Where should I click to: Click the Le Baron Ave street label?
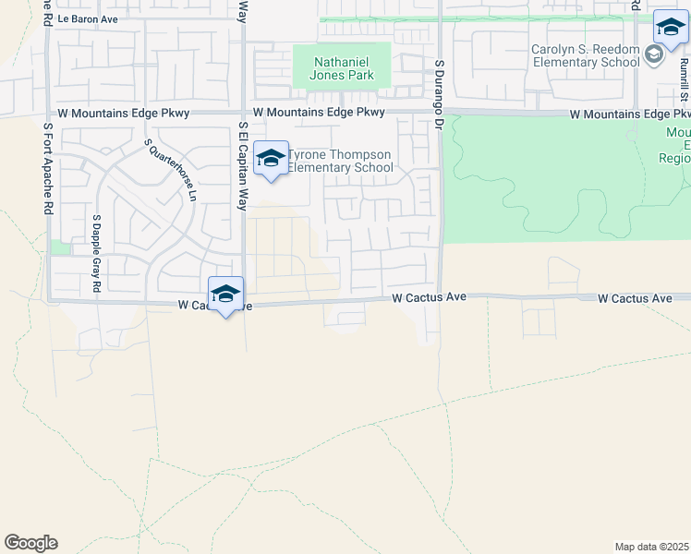click(88, 18)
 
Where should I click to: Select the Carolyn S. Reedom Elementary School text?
click(585, 55)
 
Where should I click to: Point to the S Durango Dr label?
click(440, 91)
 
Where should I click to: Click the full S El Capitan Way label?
click(243, 165)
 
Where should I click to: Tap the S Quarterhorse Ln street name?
click(170, 172)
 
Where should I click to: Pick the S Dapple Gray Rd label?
click(95, 255)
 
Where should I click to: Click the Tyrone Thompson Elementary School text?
click(341, 161)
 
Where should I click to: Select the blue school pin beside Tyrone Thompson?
click(271, 159)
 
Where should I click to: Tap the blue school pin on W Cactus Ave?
click(225, 295)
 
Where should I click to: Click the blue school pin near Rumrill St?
click(670, 29)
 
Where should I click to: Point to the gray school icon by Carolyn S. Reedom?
click(653, 54)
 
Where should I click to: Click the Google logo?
click(30, 543)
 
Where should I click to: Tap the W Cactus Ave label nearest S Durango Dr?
click(429, 298)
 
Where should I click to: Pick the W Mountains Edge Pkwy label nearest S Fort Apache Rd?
click(123, 113)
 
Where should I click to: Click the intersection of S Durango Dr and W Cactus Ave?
click(440, 297)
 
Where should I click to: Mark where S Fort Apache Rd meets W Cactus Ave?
click(48, 301)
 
